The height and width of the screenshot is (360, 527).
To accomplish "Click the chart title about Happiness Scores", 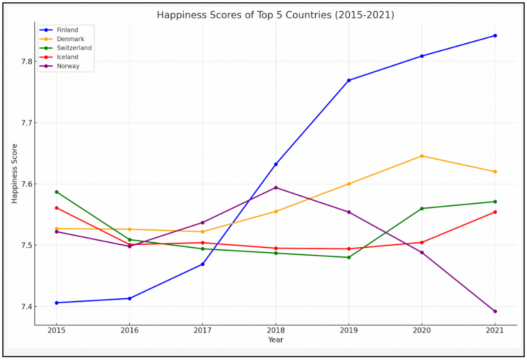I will pos(275,15).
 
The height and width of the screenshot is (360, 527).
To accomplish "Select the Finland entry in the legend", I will pos(67,30).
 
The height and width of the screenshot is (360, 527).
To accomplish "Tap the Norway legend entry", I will pos(68,66).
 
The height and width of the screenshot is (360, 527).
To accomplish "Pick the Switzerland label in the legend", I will pos(74,48).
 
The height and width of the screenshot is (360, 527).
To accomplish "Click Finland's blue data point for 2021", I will pos(495,36).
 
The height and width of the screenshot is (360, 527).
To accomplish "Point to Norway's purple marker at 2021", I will pos(495,311).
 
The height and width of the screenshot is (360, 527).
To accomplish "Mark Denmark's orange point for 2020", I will pos(422,156).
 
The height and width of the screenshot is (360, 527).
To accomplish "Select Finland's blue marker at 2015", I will pos(57,303).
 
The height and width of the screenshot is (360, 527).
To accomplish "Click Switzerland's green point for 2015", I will pos(57,192).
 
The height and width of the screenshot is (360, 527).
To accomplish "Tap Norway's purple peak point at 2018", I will pos(276,188).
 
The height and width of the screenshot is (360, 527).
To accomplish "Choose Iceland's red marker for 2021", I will pos(495,212).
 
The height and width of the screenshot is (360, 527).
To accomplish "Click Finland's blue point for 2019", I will pos(349,80).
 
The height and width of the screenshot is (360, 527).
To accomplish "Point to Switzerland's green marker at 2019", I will pos(349,258).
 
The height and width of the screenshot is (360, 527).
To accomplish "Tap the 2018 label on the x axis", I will pos(276,330).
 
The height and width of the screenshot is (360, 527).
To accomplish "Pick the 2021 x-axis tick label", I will pos(495,330).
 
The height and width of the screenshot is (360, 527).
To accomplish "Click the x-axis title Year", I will pos(276,340).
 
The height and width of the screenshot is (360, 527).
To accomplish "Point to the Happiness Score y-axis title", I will pos(14,174).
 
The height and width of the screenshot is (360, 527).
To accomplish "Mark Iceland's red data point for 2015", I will pos(57,208).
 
